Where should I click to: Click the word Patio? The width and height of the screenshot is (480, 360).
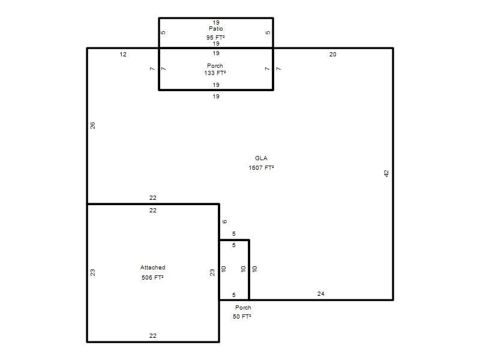pyautogui.click(x=216, y=28)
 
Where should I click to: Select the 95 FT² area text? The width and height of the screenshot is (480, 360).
pyautogui.click(x=215, y=37)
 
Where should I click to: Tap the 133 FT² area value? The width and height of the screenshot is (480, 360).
pyautogui.click(x=215, y=73)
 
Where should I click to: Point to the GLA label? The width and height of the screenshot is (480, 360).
pyautogui.click(x=261, y=158)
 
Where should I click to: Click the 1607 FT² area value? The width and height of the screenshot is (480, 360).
pyautogui.click(x=261, y=167)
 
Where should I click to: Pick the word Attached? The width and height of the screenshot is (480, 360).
pyautogui.click(x=153, y=267)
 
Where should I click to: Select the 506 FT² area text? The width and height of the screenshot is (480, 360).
pyautogui.click(x=152, y=277)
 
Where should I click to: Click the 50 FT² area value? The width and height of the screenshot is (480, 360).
pyautogui.click(x=242, y=316)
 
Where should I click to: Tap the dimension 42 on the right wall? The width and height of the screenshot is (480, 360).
pyautogui.click(x=386, y=173)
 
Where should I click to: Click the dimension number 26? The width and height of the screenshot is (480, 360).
pyautogui.click(x=93, y=125)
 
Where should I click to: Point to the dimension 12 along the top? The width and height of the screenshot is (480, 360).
pyautogui.click(x=123, y=55)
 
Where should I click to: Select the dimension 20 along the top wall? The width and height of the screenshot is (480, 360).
pyautogui.click(x=333, y=55)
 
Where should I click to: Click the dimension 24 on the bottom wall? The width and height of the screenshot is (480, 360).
pyautogui.click(x=321, y=294)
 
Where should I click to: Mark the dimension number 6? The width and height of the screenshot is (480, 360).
pyautogui.click(x=224, y=221)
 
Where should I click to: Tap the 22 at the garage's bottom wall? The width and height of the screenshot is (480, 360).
pyautogui.click(x=153, y=336)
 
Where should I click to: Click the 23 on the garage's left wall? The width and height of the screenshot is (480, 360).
pyautogui.click(x=93, y=272)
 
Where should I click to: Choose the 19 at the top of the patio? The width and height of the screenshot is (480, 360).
pyautogui.click(x=216, y=23)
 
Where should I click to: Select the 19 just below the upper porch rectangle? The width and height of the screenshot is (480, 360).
pyautogui.click(x=216, y=97)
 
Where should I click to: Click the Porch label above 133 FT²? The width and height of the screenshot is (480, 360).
pyautogui.click(x=215, y=65)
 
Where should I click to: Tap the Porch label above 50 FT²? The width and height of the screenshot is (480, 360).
pyautogui.click(x=243, y=307)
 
